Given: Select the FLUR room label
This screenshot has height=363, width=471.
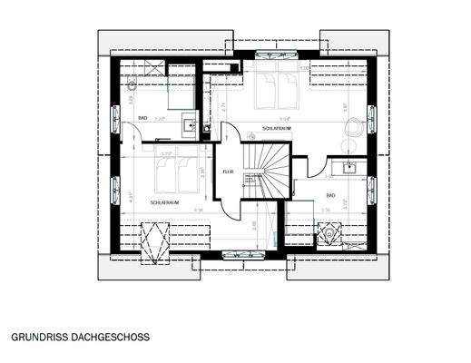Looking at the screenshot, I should coord(228,170).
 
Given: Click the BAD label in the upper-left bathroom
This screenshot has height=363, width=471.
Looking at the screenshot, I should coord(143,118).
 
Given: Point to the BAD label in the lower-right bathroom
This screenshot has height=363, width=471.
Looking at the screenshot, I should coord(331,195).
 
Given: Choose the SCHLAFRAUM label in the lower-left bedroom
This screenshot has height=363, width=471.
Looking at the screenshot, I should coord(163,203).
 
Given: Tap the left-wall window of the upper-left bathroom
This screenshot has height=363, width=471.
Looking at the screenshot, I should coord(115,117).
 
